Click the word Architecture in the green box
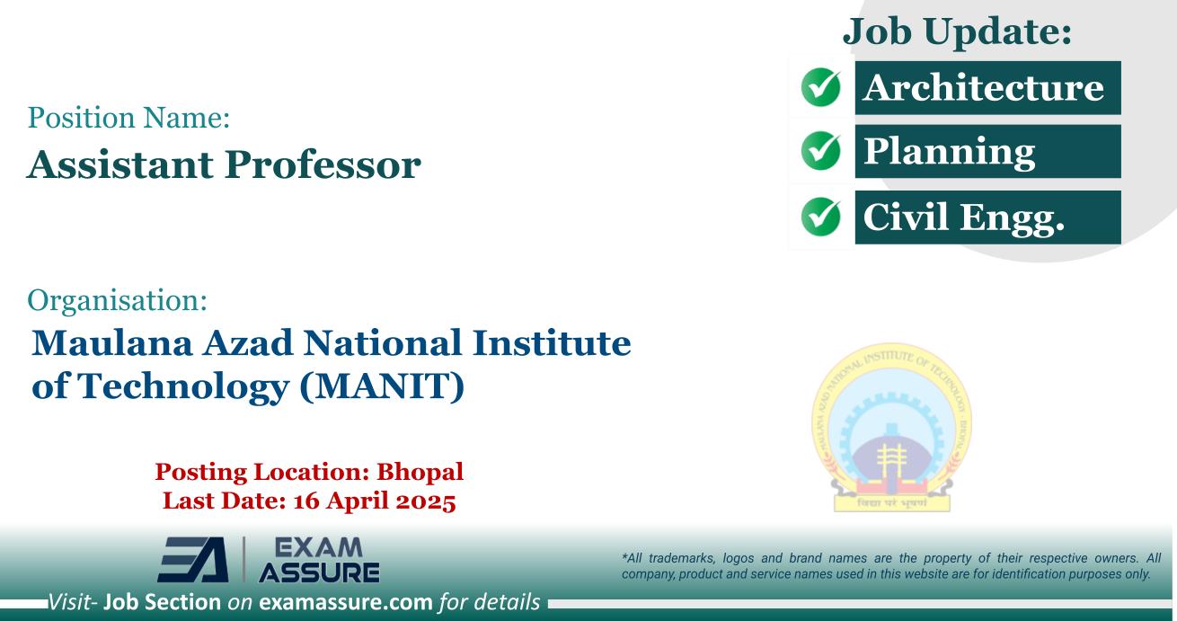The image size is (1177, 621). coord(983,88)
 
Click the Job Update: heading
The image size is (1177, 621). coord(958,32)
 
